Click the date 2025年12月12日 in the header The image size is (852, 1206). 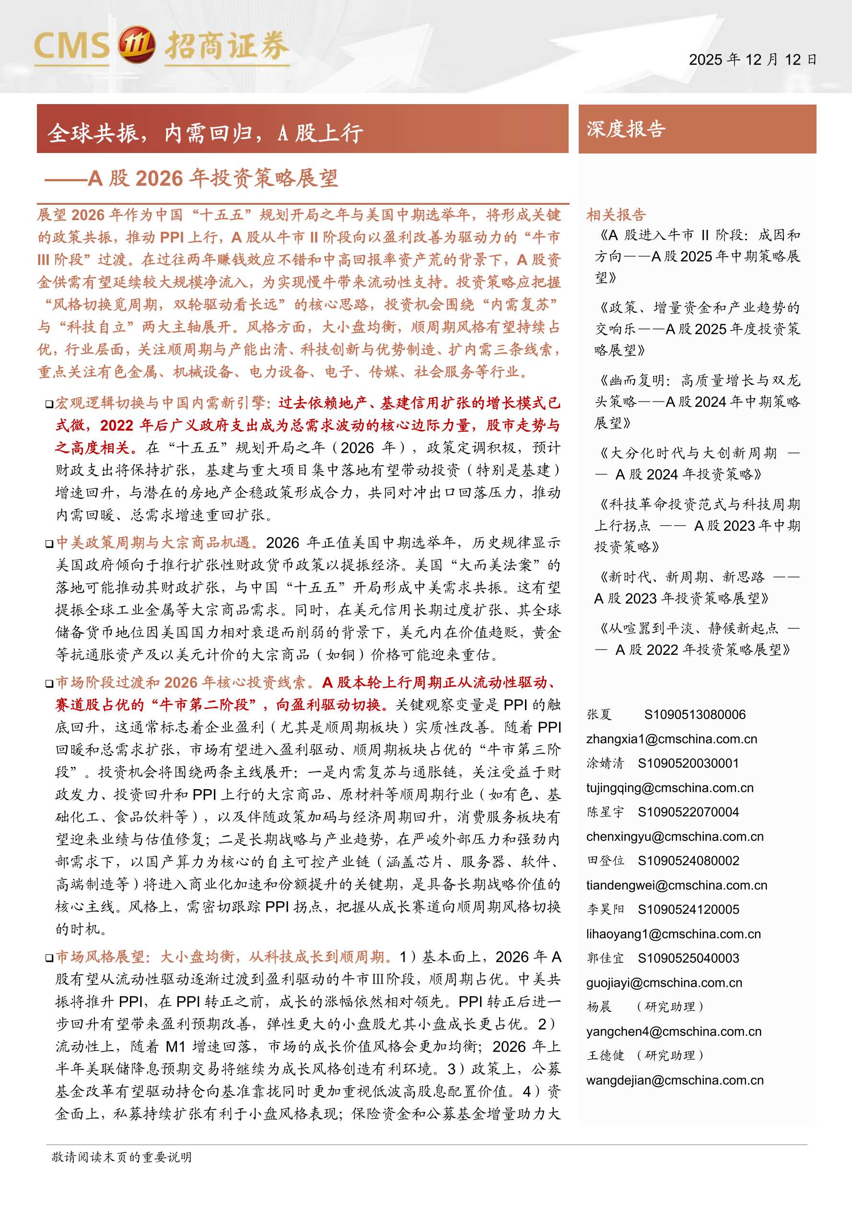click(752, 60)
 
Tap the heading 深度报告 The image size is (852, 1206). click(626, 129)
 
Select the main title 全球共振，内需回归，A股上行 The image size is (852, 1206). click(205, 133)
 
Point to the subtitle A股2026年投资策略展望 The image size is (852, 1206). click(212, 178)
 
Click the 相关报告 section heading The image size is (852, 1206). click(616, 215)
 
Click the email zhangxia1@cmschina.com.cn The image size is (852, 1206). click(671, 739)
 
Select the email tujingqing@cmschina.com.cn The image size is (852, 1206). click(670, 788)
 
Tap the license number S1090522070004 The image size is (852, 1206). click(688, 812)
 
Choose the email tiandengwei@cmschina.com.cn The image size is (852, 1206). click(676, 886)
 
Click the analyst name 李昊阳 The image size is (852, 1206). click(605, 910)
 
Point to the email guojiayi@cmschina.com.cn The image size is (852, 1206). click(664, 983)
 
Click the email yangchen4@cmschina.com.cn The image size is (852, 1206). click(674, 1031)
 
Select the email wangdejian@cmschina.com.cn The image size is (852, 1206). click(675, 1080)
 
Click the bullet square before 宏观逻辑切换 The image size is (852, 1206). click(49, 404)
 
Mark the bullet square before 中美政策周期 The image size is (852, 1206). click(49, 544)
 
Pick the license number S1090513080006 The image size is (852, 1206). click(695, 715)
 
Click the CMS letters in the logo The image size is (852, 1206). click(72, 46)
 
